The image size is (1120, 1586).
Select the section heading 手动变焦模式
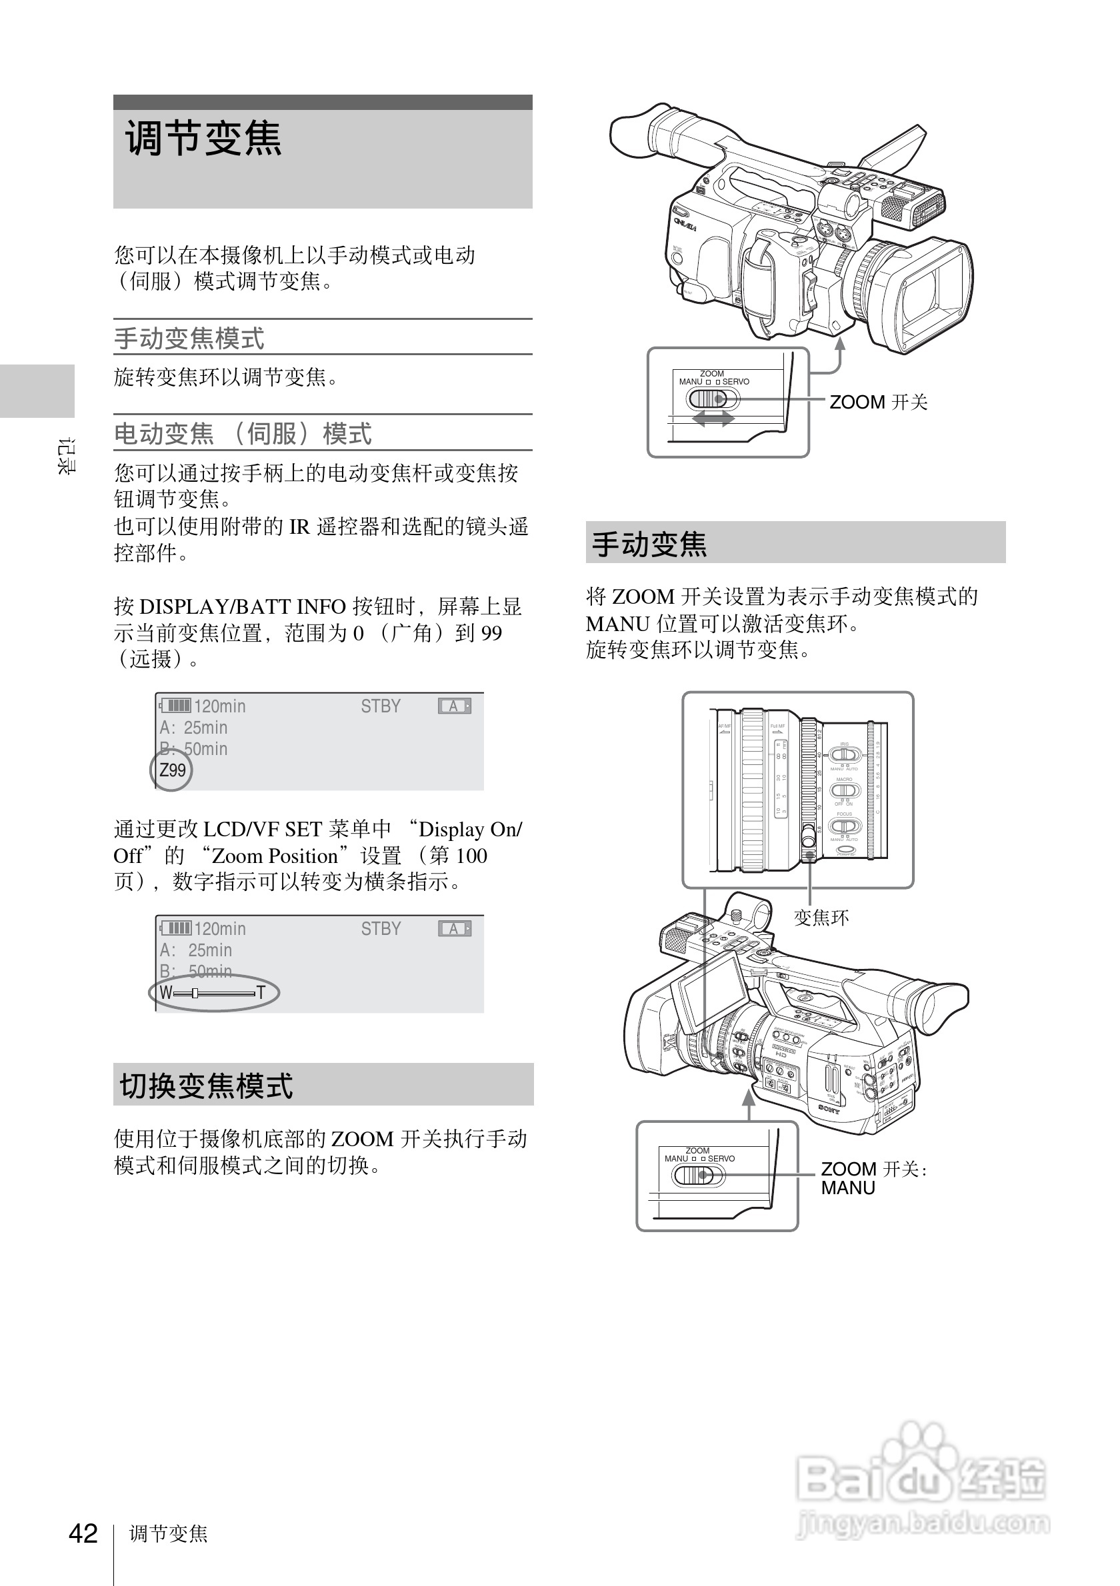(189, 339)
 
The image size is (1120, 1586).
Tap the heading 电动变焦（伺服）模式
(243, 434)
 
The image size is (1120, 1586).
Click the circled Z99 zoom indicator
(172, 770)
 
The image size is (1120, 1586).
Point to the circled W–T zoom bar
(213, 994)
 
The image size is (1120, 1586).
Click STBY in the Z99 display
(380, 706)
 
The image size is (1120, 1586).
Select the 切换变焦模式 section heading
(206, 1085)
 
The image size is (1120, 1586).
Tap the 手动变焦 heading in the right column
(649, 544)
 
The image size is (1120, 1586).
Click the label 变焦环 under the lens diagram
(821, 918)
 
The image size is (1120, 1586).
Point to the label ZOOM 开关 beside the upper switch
(877, 402)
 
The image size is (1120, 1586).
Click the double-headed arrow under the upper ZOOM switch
(713, 418)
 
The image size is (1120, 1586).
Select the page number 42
(83, 1533)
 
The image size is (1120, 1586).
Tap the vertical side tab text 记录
(66, 456)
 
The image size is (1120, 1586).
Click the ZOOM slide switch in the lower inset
(698, 1175)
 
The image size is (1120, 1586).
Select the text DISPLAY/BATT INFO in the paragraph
(243, 606)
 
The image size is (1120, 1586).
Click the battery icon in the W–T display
(175, 928)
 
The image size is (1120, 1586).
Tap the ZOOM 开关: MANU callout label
(873, 1178)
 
